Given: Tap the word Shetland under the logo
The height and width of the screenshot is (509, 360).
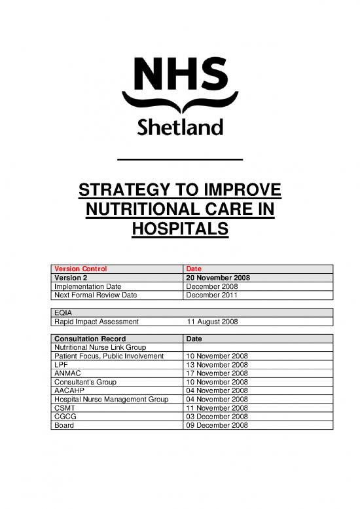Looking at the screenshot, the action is [180, 125].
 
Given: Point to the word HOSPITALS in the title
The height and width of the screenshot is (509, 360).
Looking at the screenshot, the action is [180, 230].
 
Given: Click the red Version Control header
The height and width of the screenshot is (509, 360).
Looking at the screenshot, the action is [80, 269].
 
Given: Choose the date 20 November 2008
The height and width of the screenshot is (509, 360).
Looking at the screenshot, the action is [219, 277].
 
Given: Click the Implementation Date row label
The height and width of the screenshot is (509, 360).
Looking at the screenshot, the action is [88, 286].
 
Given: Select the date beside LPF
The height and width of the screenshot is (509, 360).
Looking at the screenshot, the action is [217, 365].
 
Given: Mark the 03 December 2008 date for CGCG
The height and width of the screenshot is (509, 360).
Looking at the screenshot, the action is [217, 416].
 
